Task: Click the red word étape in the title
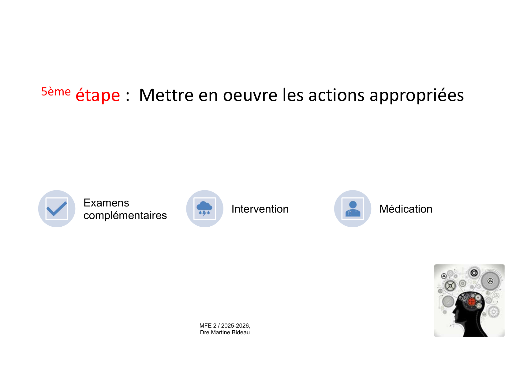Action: tap(98, 95)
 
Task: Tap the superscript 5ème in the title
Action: tap(56, 91)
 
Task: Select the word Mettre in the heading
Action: tap(166, 95)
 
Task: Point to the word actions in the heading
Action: tap(336, 95)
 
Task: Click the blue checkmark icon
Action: tap(57, 208)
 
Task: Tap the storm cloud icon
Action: tap(204, 208)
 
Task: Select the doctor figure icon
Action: tap(353, 209)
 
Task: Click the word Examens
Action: tap(106, 203)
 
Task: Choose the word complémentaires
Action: tap(125, 215)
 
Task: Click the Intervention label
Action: tap(260, 209)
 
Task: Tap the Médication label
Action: tap(406, 209)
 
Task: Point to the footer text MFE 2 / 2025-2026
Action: tap(225, 325)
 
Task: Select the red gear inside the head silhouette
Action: tap(472, 302)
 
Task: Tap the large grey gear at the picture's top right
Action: tap(490, 281)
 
